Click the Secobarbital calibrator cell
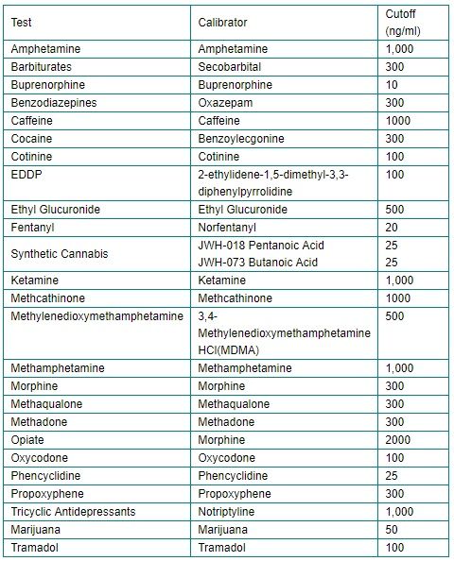point(230,66)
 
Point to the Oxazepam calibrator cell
point(225,102)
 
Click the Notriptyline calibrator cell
point(229,511)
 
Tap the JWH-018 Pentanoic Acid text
point(260,246)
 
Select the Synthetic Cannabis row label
point(60,254)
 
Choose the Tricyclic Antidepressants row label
point(73,511)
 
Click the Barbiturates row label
point(42,66)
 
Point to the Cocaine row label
point(31,138)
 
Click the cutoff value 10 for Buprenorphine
point(393,84)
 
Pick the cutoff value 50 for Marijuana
point(393,529)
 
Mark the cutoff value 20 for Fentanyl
point(393,228)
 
